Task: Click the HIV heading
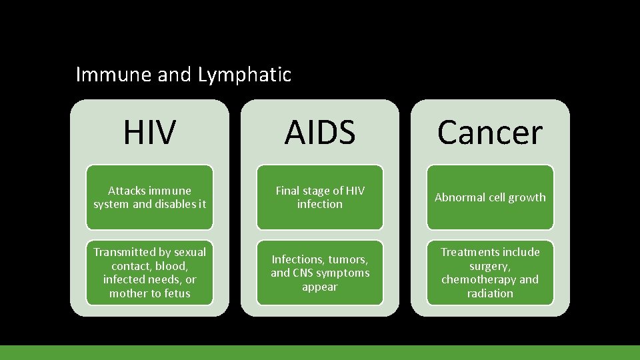coord(149,133)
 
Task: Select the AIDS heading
coord(319,133)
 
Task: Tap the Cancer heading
coord(490,133)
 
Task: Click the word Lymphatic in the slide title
coord(245,75)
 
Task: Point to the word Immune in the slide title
coord(114,75)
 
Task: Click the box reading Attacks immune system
coord(149,197)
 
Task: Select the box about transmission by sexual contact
coord(149,273)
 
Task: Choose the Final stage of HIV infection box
coord(319,197)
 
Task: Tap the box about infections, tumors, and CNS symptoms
coord(319,273)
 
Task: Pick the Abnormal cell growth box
coord(490,197)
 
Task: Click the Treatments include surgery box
coord(490,273)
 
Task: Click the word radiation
coord(490,293)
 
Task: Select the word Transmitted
coord(123,252)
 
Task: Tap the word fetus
coord(176,293)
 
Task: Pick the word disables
coord(175,204)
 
